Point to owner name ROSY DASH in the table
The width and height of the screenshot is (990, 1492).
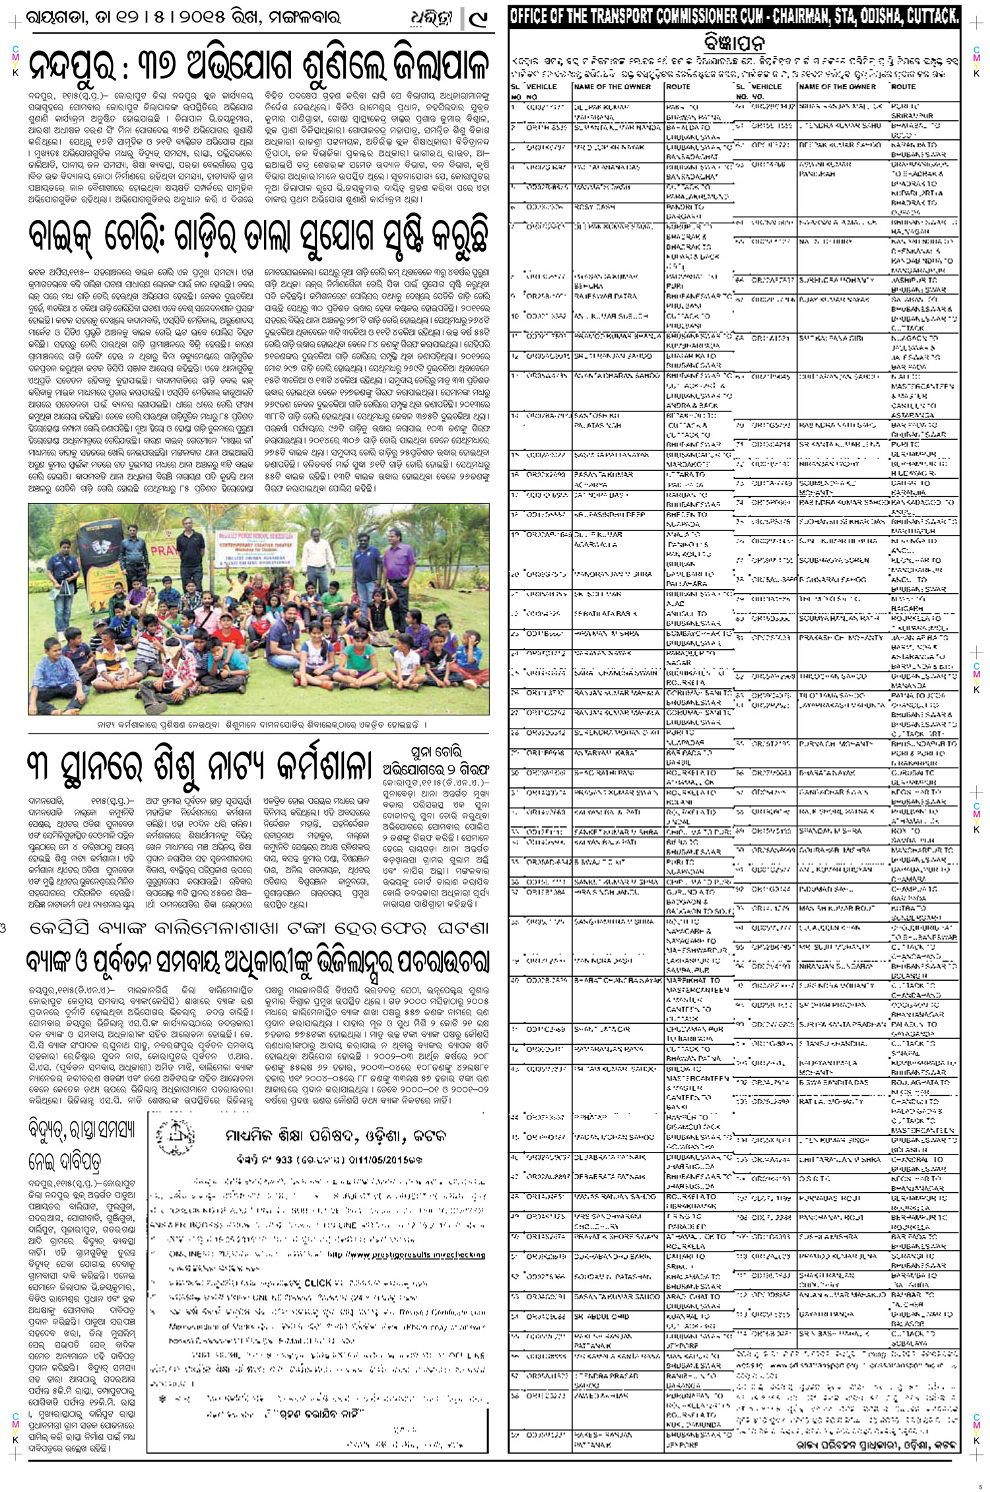594,207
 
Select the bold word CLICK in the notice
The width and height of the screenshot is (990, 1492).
317,1283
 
